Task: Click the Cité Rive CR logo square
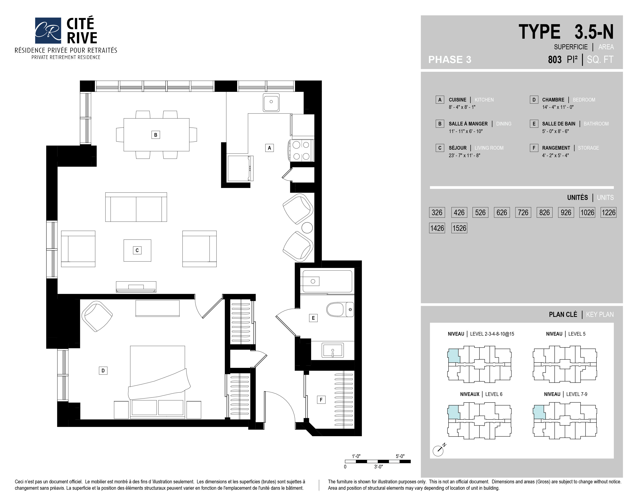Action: tap(48, 30)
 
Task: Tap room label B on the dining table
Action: tap(156, 135)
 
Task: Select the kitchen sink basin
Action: tap(271, 102)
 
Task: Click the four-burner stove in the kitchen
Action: tap(301, 150)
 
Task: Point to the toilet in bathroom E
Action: tap(340, 310)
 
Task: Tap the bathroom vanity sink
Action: tap(333, 350)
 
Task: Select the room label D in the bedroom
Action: tap(103, 371)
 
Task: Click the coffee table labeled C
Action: tap(137, 250)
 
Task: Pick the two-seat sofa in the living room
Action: tap(136, 207)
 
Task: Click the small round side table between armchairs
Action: tap(307, 228)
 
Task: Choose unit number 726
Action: tap(523, 212)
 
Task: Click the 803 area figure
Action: tap(555, 60)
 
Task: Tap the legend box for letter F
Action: tap(534, 148)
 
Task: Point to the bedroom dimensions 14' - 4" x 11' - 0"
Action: tap(558, 107)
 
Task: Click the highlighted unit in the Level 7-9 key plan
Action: tap(539, 412)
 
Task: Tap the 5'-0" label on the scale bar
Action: tap(400, 456)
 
